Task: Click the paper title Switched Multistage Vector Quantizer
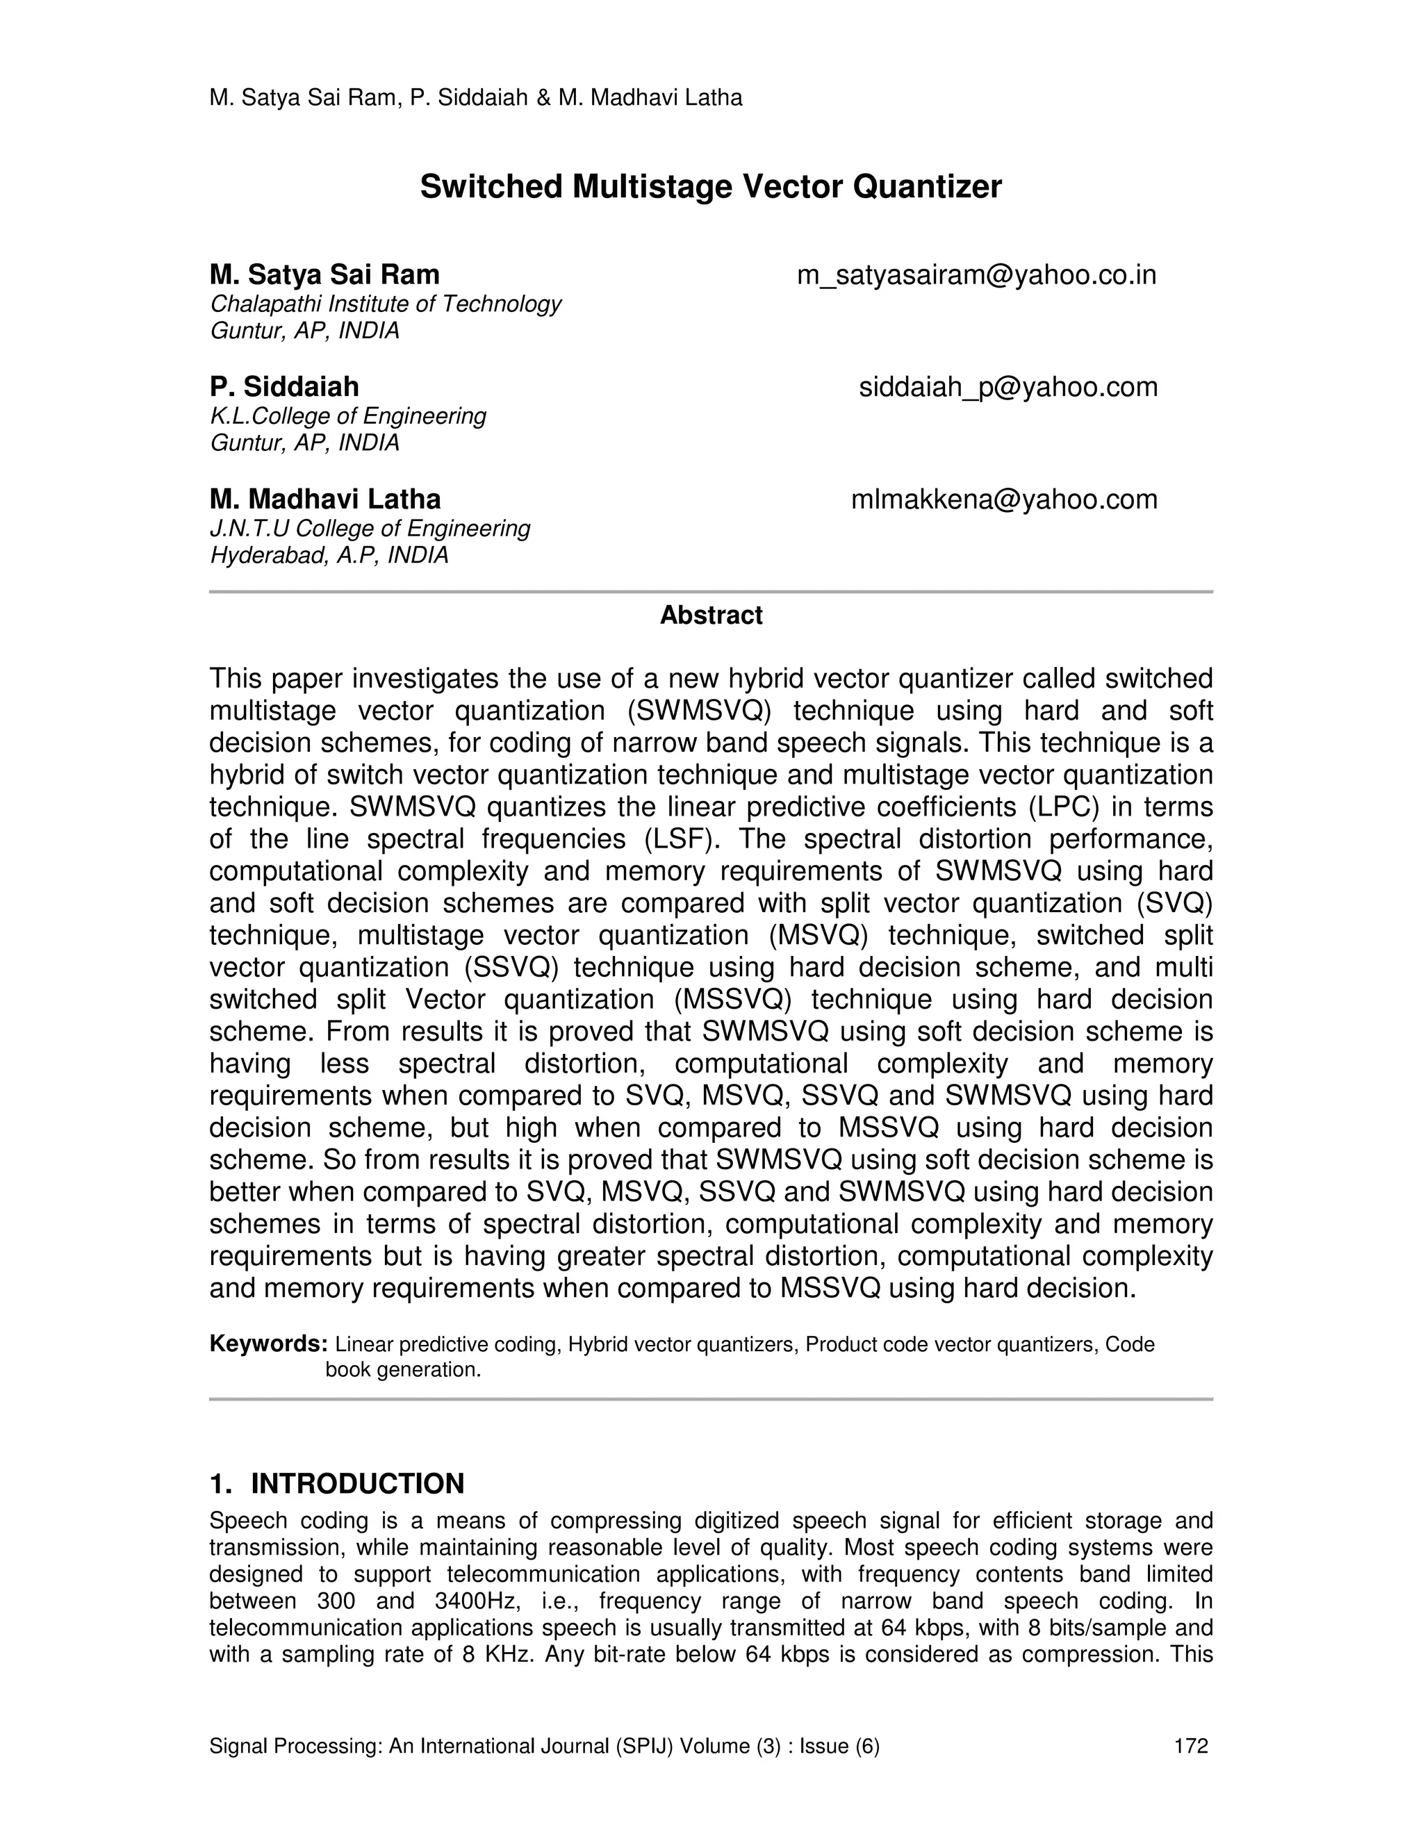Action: pyautogui.click(x=711, y=187)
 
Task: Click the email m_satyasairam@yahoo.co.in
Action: pyautogui.click(x=976, y=275)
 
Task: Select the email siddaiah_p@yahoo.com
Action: pyautogui.click(x=1007, y=387)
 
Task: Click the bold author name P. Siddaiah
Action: pyautogui.click(x=284, y=387)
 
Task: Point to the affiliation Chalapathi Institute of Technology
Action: pyautogui.click(x=385, y=304)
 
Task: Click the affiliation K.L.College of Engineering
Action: pyautogui.click(x=347, y=415)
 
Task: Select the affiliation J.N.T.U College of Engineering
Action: pyautogui.click(x=369, y=529)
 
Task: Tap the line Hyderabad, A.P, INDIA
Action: pyautogui.click(x=329, y=556)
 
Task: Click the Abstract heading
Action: pyautogui.click(x=711, y=616)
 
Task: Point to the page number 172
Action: pyautogui.click(x=1190, y=1746)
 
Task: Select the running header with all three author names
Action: pyautogui.click(x=475, y=98)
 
